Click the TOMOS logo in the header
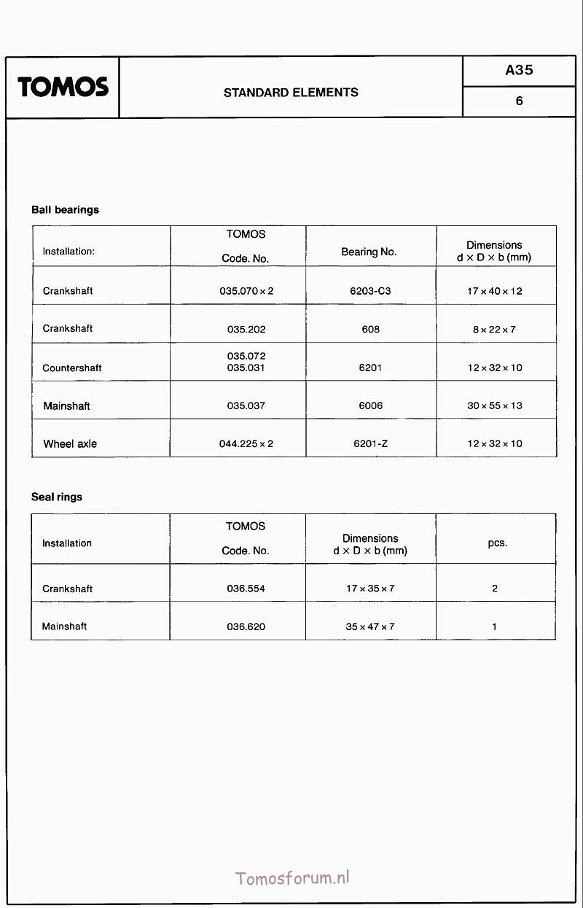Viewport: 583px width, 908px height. coord(63,88)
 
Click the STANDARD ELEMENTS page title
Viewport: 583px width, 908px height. coord(291,93)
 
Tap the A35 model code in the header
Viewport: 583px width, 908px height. coord(519,70)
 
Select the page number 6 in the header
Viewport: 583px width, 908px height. coord(519,101)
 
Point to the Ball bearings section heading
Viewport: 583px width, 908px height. coord(65,210)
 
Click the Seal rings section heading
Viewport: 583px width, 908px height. coord(57,497)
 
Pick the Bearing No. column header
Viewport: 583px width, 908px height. coord(369,252)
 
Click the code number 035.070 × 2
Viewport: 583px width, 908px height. coord(246,291)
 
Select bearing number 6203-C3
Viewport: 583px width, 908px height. coord(370,291)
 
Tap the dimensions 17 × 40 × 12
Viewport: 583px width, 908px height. coord(495,291)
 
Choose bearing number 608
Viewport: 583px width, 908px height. coord(370,330)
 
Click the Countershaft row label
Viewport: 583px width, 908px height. coord(72,368)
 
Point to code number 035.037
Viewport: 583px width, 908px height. coord(246,406)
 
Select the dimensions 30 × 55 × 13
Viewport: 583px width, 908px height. coord(495,406)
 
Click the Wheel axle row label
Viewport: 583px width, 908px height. coord(70,444)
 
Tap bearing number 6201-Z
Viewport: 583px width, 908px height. coord(370,444)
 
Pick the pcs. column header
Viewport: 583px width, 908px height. coord(497,543)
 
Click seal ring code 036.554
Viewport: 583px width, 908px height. coord(246,589)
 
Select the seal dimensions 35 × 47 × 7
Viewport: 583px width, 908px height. coord(370,626)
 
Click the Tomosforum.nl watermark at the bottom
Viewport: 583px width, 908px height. coord(293,877)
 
